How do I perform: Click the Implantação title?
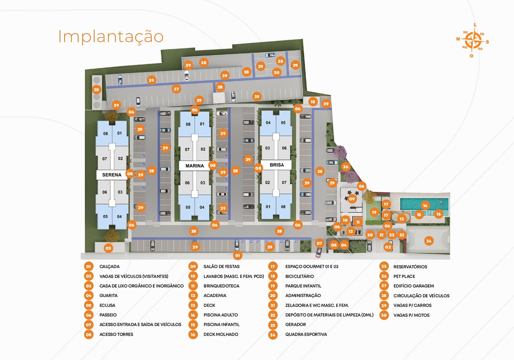tap(111, 37)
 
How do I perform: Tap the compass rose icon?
tap(472, 40)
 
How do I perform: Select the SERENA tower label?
tap(112, 175)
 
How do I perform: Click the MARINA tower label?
tap(194, 165)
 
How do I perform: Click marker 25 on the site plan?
tap(96, 90)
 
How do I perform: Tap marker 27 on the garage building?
tap(176, 90)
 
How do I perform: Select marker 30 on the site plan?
tap(277, 72)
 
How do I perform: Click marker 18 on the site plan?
tap(313, 102)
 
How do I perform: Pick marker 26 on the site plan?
tap(346, 167)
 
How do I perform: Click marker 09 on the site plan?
tap(352, 199)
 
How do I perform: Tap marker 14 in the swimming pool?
tap(424, 205)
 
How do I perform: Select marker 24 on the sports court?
tap(429, 241)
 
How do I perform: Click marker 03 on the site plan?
tap(108, 248)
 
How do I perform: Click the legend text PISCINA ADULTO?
tap(221, 315)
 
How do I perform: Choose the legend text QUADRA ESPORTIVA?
tap(306, 334)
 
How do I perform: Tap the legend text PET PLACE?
tap(404, 276)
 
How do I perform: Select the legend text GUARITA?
tap(108, 296)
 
